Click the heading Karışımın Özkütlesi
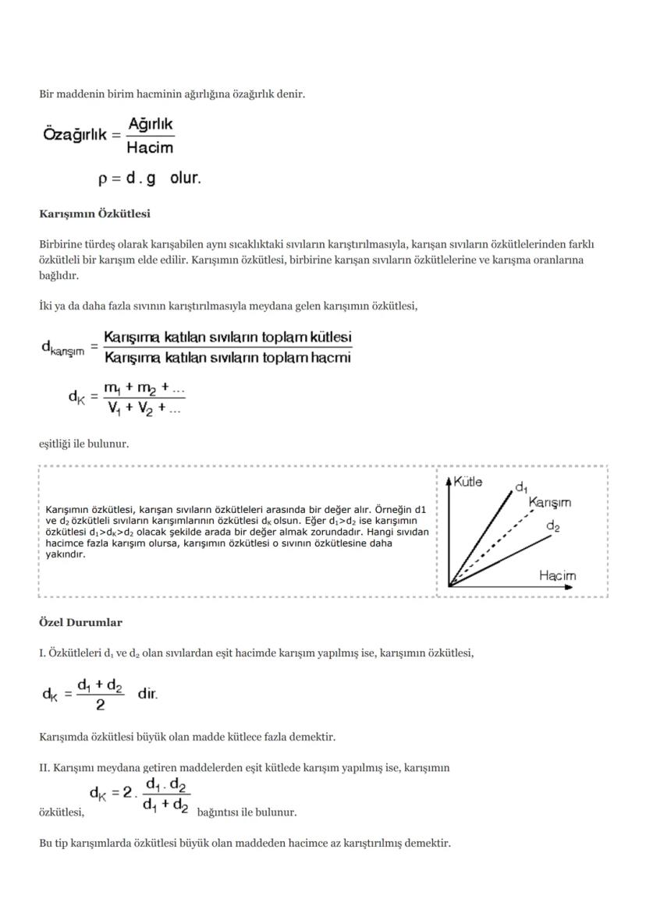94,213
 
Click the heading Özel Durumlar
80,622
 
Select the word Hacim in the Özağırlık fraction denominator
150,147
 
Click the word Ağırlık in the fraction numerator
151,125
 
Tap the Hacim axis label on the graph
557,575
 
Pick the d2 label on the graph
552,526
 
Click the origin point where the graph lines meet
449,586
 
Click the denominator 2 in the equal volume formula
100,706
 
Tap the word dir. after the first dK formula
147,693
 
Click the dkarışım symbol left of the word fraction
62,349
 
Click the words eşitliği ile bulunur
83,444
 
